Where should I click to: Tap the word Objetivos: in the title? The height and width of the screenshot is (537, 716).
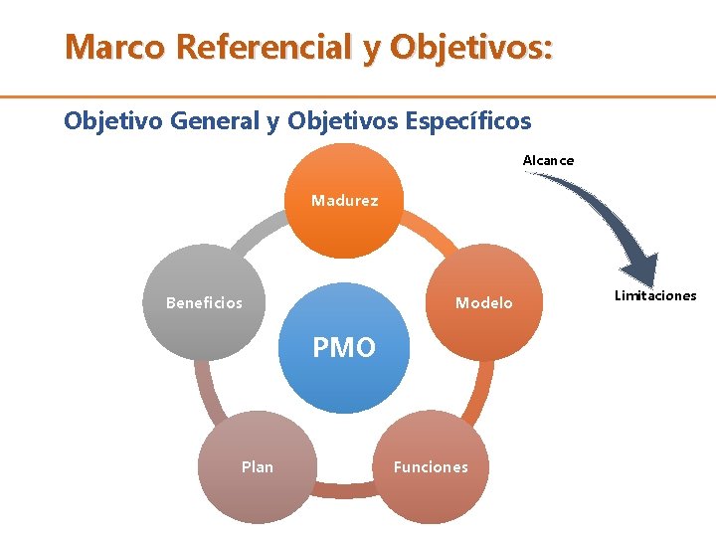[472, 47]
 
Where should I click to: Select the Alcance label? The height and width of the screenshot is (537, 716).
[548, 160]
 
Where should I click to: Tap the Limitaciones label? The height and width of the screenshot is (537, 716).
[655, 295]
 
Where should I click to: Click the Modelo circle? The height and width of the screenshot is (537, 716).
[483, 301]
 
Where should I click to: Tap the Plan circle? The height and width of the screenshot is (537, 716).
[258, 465]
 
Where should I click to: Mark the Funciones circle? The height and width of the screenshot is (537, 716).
[431, 465]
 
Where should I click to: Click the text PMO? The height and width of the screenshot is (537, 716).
[344, 348]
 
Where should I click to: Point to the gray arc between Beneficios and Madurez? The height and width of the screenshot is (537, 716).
[254, 233]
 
